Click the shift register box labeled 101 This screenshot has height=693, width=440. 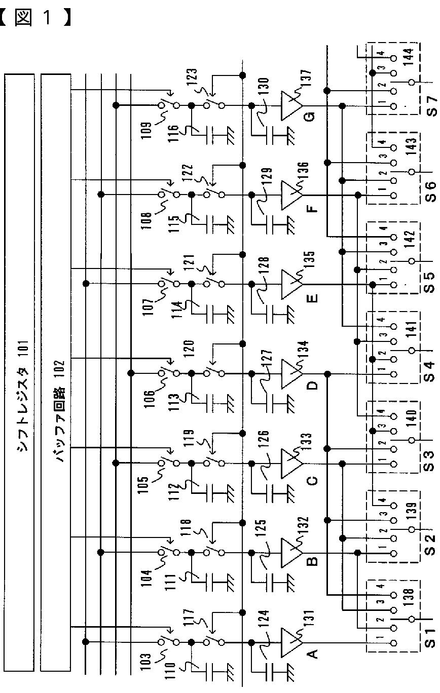[x=19, y=372]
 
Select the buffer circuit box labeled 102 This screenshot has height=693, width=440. [x=56, y=372]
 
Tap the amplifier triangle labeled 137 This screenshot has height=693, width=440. [x=291, y=106]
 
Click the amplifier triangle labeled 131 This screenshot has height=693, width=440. [x=291, y=642]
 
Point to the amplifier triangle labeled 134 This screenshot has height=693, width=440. [x=291, y=374]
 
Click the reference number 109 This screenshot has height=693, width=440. [x=146, y=131]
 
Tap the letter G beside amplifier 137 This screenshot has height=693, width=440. [x=311, y=117]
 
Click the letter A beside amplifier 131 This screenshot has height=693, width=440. [x=312, y=653]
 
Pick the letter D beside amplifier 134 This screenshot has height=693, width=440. [x=312, y=386]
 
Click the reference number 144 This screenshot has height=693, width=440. [x=408, y=57]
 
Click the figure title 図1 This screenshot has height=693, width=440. [x=34, y=17]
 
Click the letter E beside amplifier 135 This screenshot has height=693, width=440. [x=312, y=298]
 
